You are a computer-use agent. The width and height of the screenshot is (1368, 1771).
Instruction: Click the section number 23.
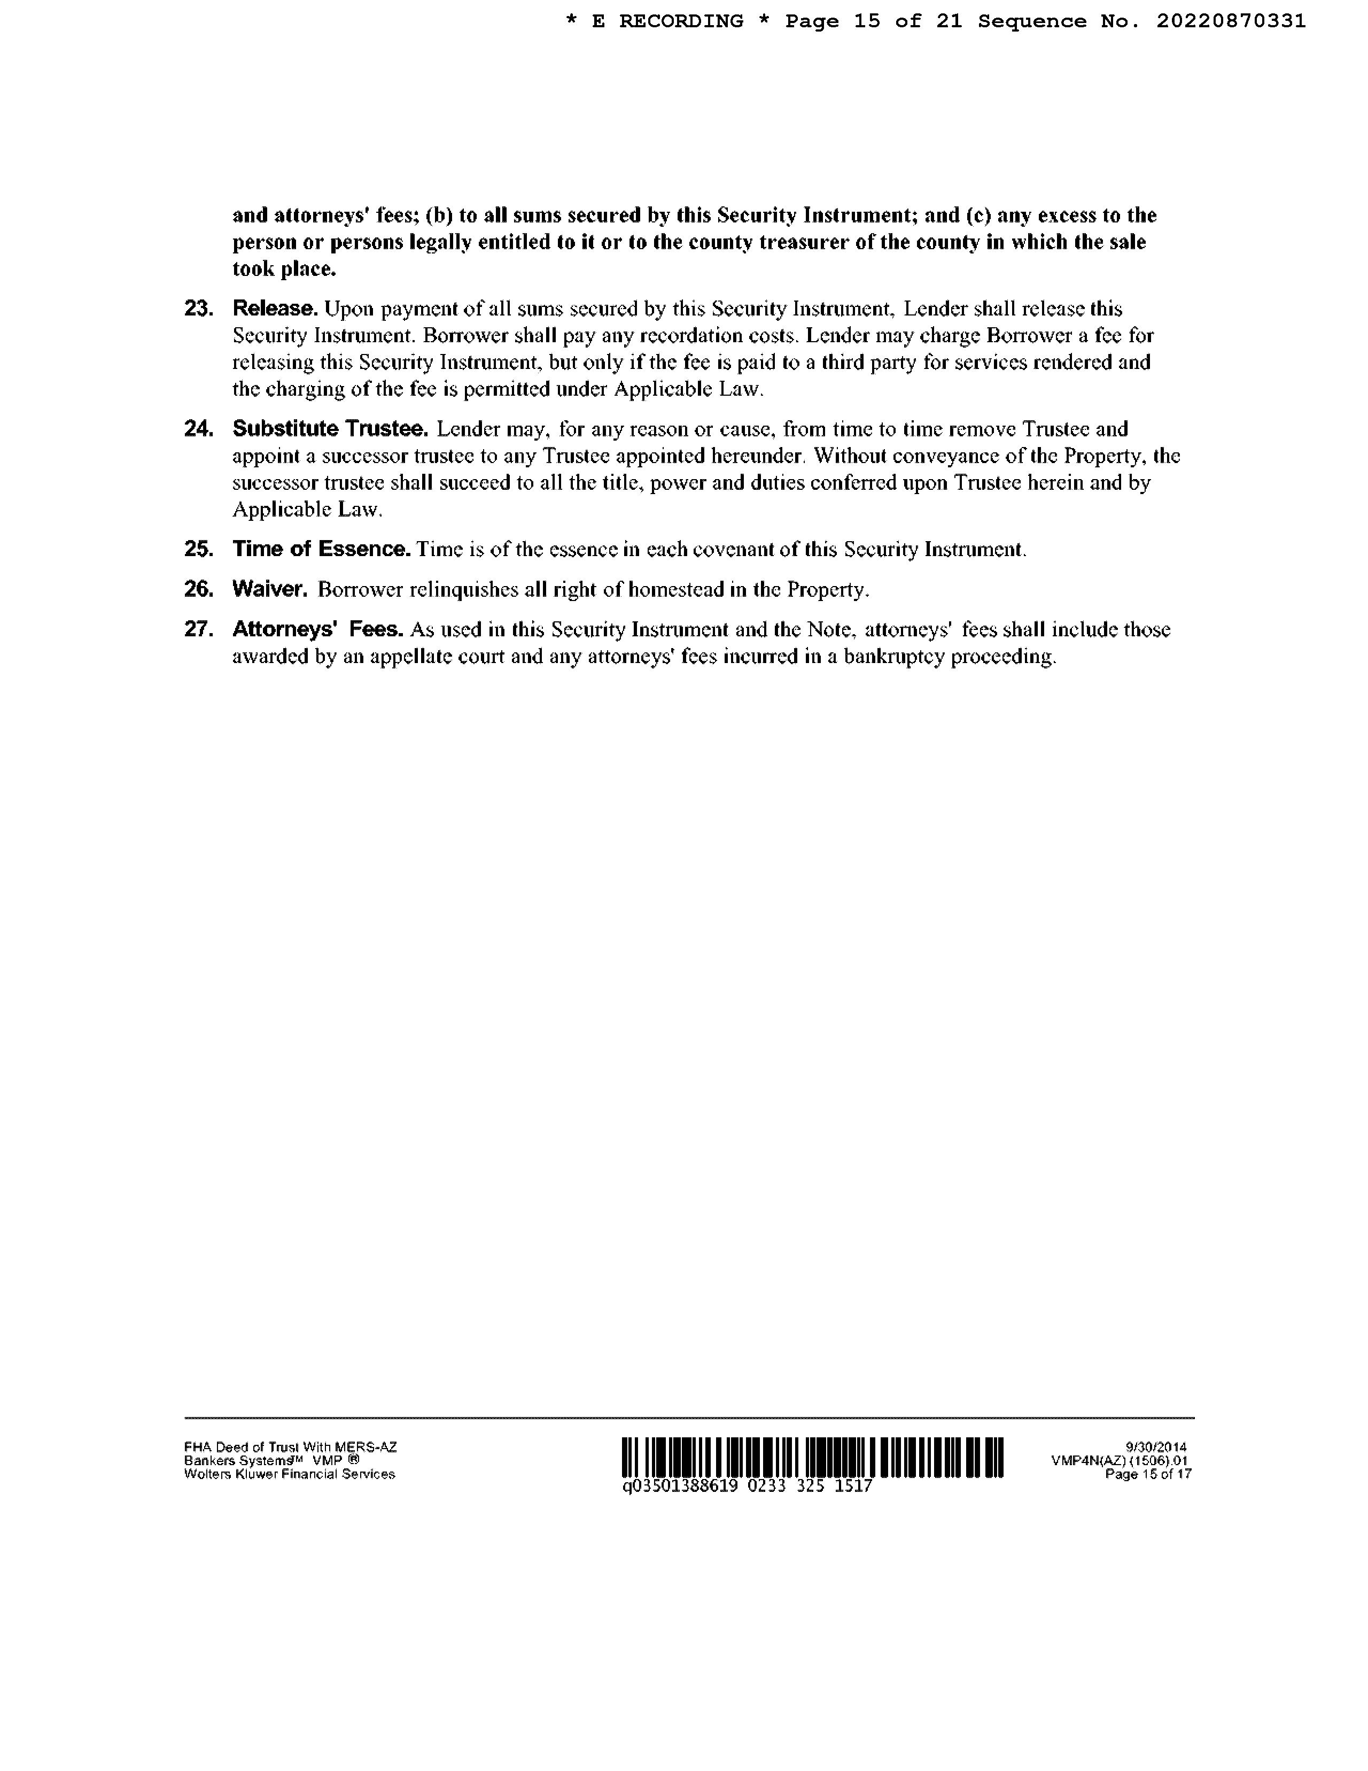pyautogui.click(x=199, y=309)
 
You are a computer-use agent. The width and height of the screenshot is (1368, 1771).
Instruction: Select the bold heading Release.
pyautogui.click(x=275, y=309)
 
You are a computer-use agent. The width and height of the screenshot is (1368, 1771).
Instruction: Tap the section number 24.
pyautogui.click(x=199, y=429)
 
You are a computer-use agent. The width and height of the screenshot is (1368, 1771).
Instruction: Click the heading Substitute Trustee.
pyautogui.click(x=330, y=429)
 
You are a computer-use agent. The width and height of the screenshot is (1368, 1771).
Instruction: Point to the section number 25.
pyautogui.click(x=199, y=549)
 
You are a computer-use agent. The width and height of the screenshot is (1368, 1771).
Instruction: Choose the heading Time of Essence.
pyautogui.click(x=322, y=549)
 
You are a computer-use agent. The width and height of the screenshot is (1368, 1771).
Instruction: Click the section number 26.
pyautogui.click(x=199, y=589)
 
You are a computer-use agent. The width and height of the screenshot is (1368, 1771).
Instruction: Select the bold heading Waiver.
pyautogui.click(x=270, y=589)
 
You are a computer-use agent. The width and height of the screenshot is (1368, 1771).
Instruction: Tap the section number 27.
pyautogui.click(x=199, y=629)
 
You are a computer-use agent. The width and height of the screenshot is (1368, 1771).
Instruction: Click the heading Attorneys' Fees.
pyautogui.click(x=318, y=629)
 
